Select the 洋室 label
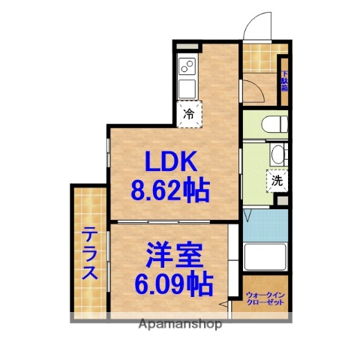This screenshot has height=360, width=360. (x=173, y=257)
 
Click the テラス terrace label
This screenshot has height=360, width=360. (x=89, y=253)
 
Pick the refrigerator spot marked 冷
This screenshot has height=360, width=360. (x=189, y=115)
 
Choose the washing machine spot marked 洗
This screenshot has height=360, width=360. (x=277, y=180)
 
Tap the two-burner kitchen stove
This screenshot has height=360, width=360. (x=187, y=70)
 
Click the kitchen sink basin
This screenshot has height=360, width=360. (x=187, y=88)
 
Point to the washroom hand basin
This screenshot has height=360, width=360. (x=277, y=155)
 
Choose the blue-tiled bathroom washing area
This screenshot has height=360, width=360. (x=265, y=224)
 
